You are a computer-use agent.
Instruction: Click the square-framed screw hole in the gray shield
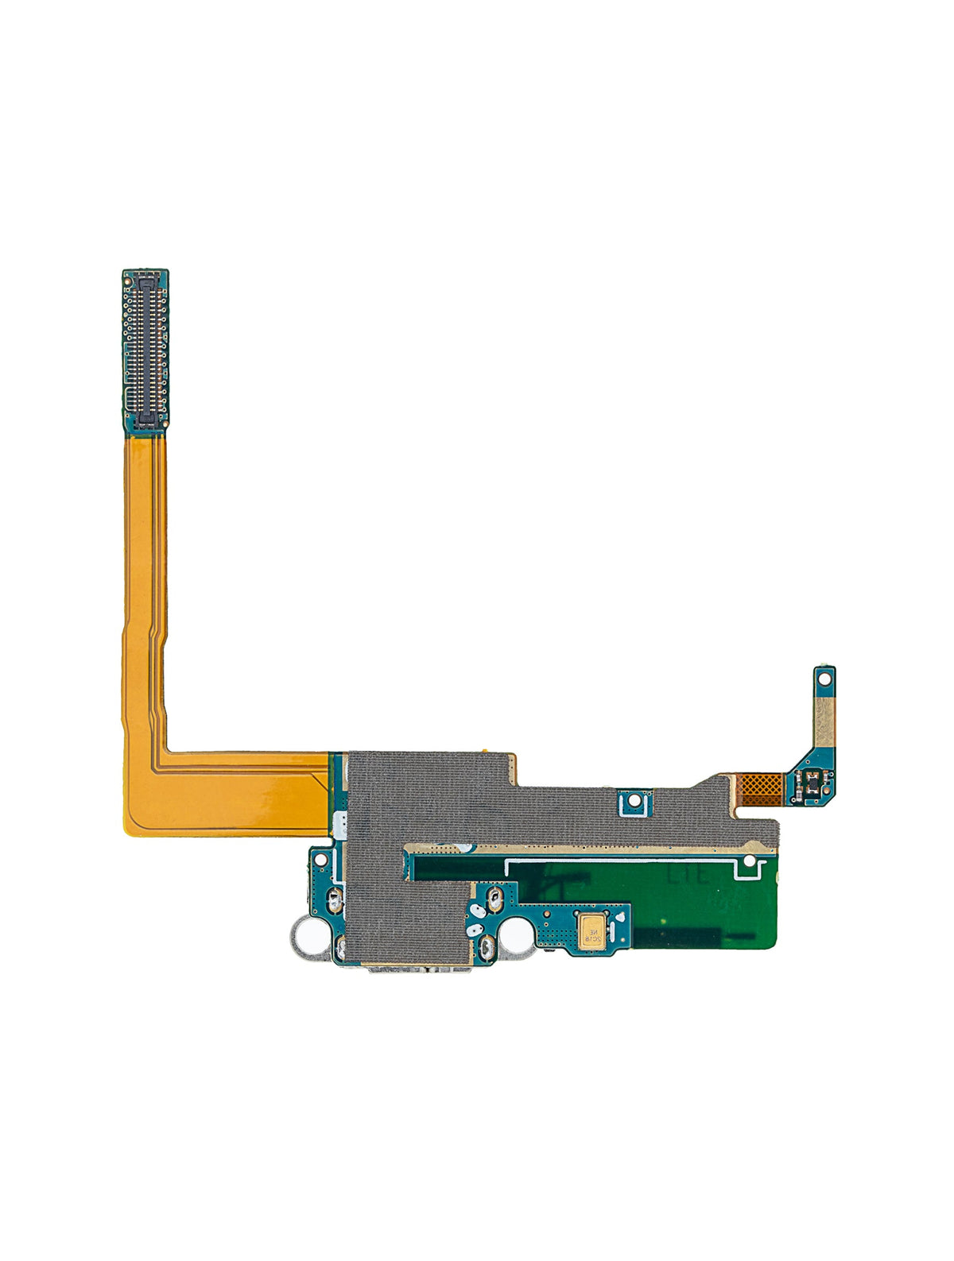click(x=634, y=802)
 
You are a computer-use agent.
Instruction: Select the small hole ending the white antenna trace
click(x=750, y=861)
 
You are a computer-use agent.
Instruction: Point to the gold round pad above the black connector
click(x=146, y=275)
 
